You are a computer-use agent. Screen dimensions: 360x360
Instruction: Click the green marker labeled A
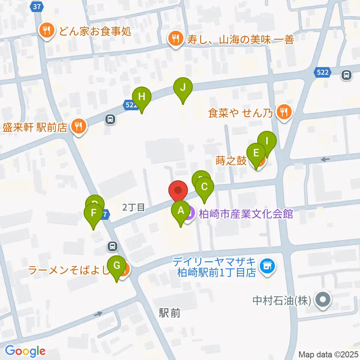[181, 211]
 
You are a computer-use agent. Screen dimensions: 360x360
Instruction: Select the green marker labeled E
[257, 153]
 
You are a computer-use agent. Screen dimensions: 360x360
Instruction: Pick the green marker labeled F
[93, 214]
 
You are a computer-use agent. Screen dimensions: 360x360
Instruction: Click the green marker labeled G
[117, 266]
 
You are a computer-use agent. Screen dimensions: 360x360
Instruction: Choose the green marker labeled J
[183, 88]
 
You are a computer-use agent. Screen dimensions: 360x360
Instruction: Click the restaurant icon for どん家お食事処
[47, 30]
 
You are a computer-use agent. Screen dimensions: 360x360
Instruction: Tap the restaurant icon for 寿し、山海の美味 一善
[175, 38]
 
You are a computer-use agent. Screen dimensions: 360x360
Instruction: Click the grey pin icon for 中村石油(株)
[322, 300]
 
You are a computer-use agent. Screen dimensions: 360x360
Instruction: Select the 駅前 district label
[169, 313]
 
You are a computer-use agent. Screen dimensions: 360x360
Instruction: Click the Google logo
[25, 351]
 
